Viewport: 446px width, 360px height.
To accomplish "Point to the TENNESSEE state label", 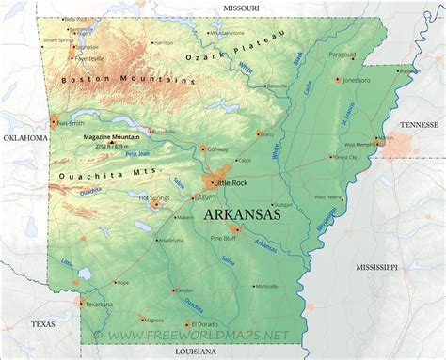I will coord(419,123).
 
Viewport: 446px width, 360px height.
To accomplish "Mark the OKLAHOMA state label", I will coord(24,137).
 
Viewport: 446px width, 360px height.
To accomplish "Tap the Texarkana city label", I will coord(99,305).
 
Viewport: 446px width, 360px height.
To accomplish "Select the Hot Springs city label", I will coord(153,197).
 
